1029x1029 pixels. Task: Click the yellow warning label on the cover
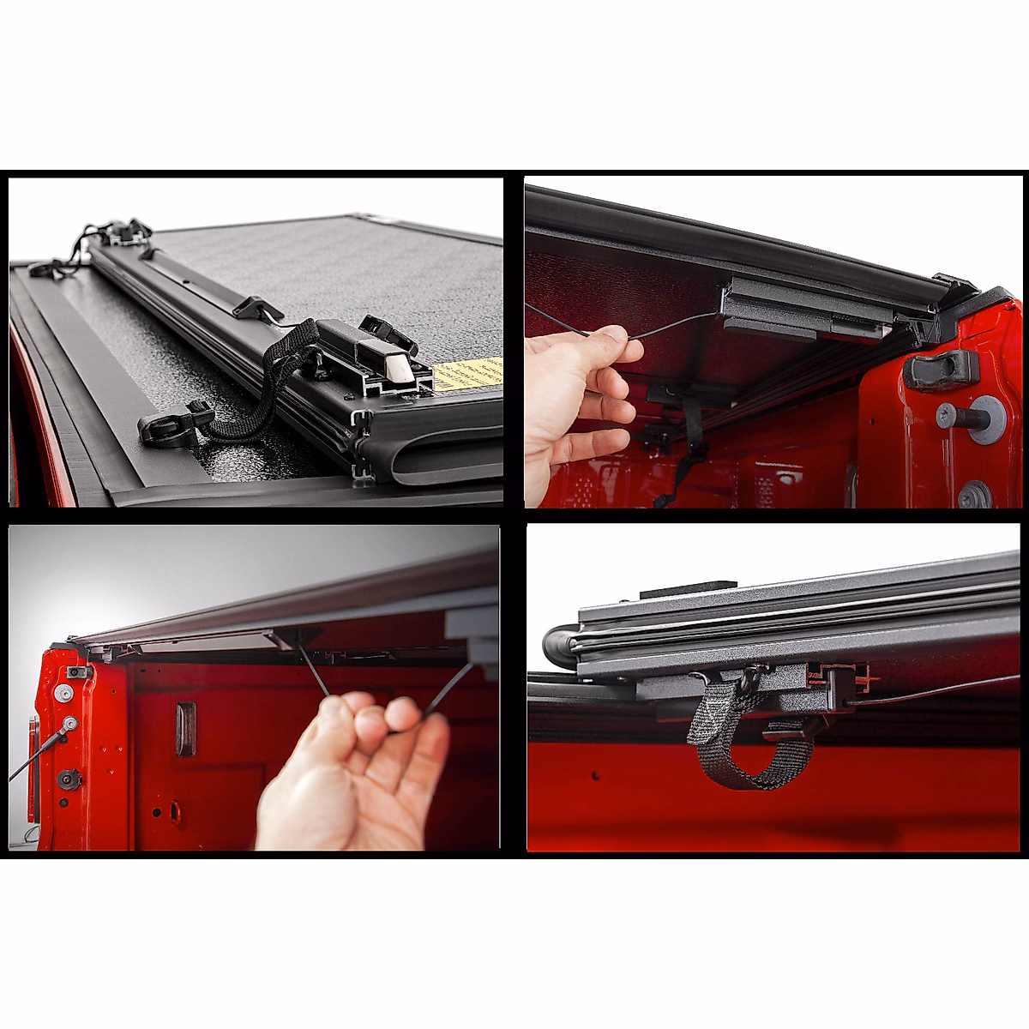point(468,375)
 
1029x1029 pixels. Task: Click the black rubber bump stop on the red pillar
point(939,368)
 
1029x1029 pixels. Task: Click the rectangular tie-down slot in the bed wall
point(185,730)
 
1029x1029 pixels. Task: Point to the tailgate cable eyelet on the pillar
point(68,725)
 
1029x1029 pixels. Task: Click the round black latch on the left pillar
point(68,779)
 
